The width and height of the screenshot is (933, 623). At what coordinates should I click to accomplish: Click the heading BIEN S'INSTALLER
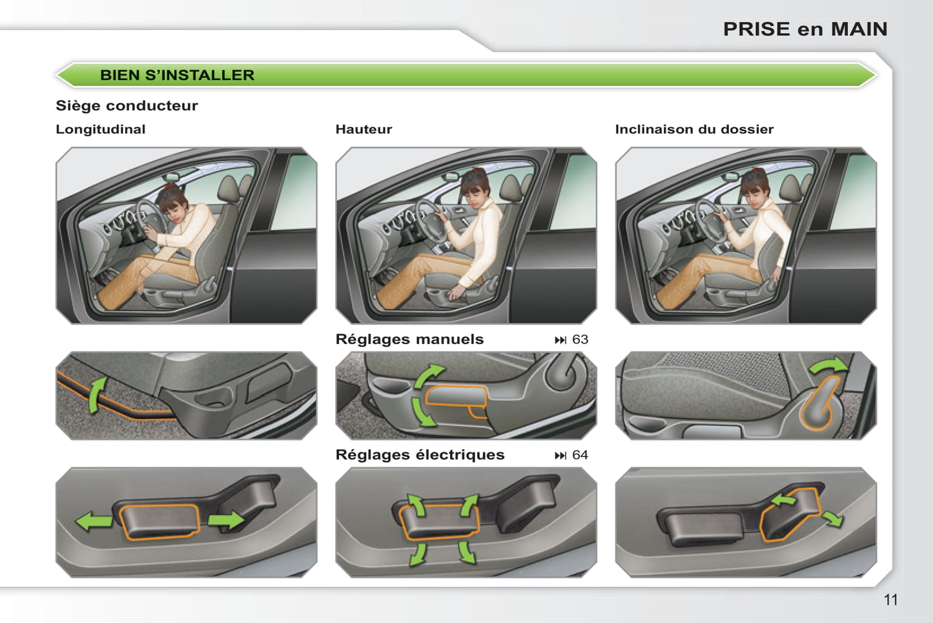[x=177, y=75]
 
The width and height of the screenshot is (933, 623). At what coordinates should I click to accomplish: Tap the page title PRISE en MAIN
[x=805, y=29]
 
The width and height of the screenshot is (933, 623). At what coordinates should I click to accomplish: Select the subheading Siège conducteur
[x=127, y=105]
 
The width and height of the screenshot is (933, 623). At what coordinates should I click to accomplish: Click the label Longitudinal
[x=100, y=129]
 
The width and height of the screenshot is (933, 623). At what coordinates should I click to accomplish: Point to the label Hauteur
[x=364, y=129]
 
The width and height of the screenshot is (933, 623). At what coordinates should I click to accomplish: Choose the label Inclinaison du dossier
[x=694, y=129]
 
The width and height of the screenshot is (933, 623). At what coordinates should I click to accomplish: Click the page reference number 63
[x=580, y=339]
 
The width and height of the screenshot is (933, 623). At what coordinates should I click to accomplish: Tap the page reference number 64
[x=580, y=455]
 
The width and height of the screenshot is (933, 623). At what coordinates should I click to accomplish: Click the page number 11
[x=890, y=600]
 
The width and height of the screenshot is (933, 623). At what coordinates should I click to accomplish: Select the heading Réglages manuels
[x=409, y=339]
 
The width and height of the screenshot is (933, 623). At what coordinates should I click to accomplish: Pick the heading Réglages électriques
[x=420, y=454]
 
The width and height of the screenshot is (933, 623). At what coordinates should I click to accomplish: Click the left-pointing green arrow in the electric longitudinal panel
[x=94, y=522]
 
